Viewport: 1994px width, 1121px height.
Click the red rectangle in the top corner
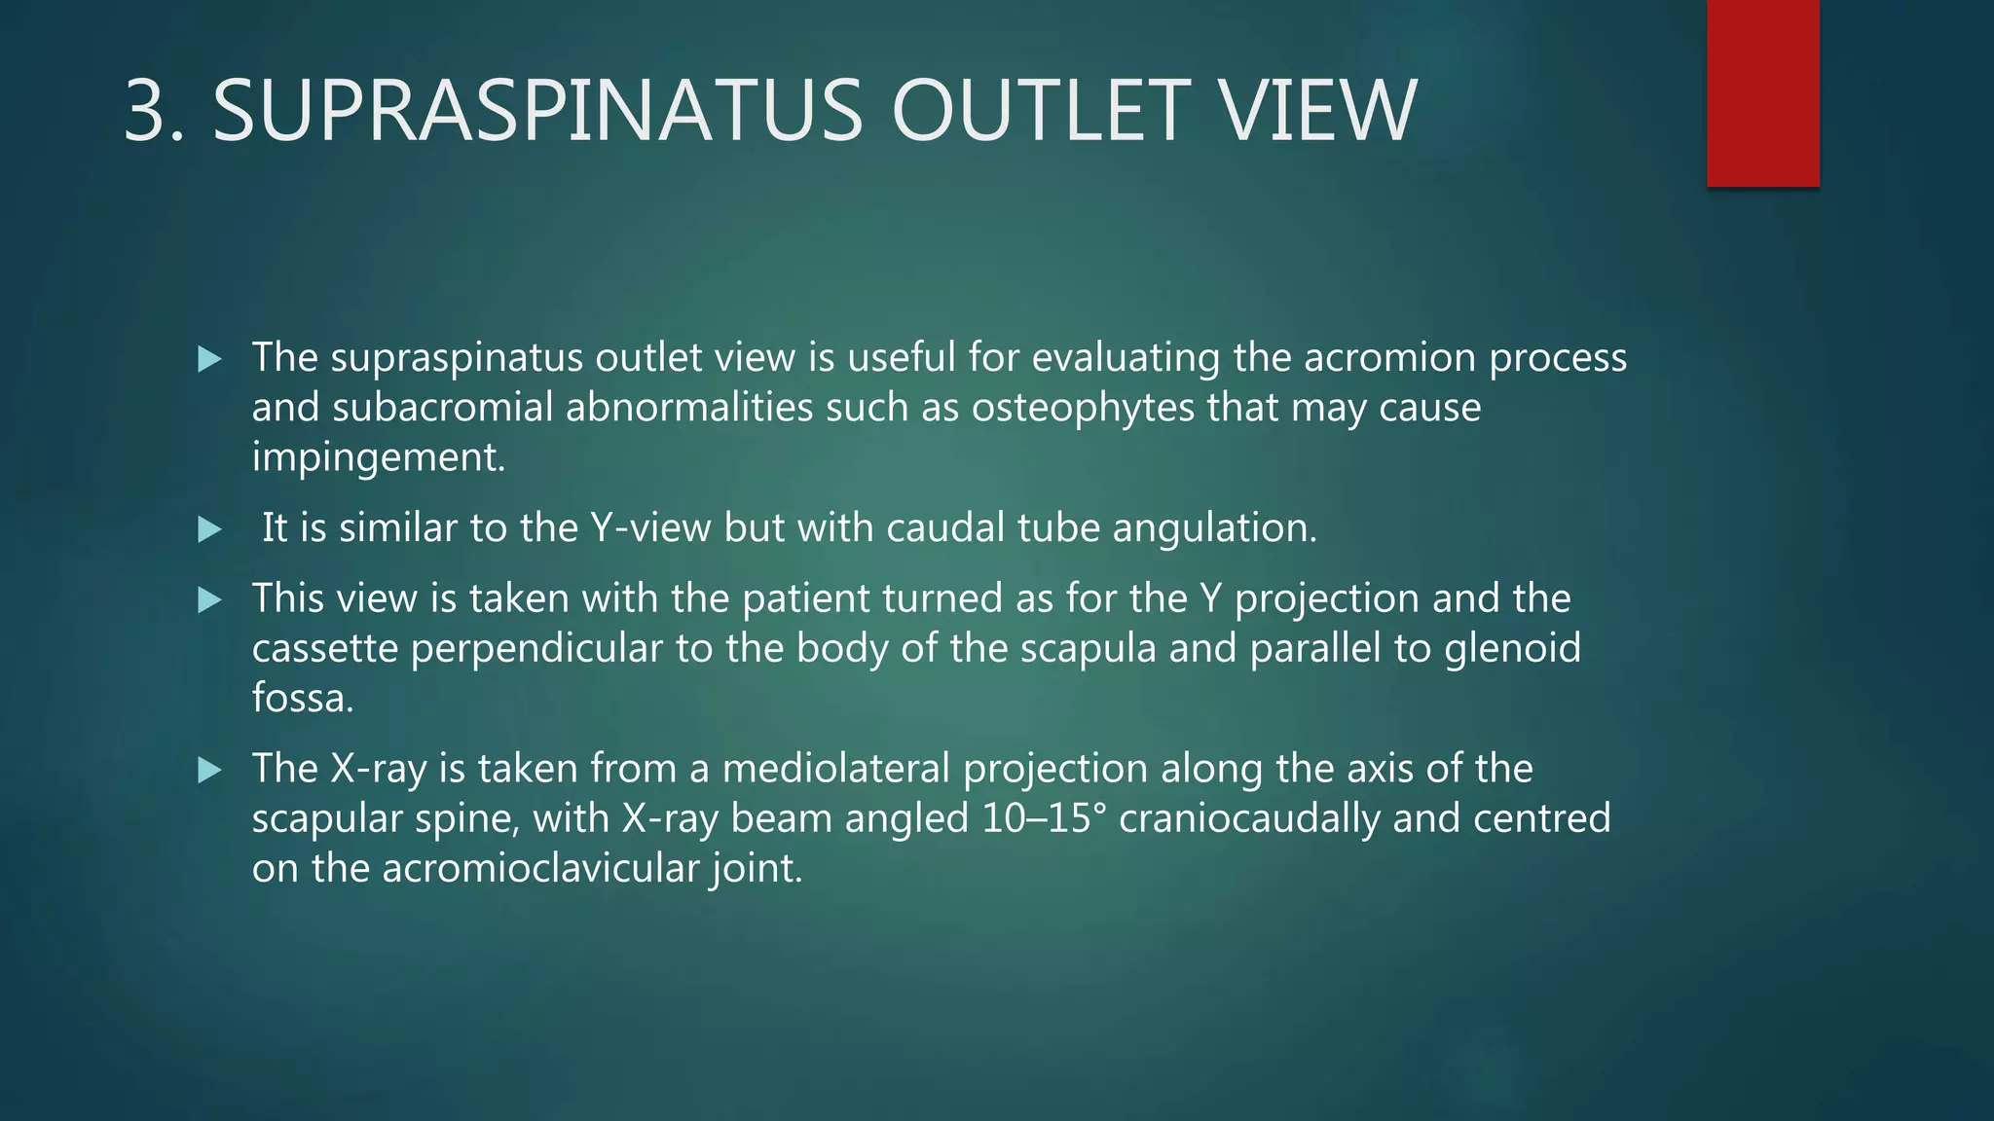tap(1762, 93)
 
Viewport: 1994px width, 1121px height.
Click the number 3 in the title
tap(154, 111)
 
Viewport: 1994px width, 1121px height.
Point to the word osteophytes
tap(1082, 408)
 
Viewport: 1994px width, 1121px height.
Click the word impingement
tap(378, 457)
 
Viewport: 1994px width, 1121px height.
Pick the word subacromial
tap(443, 408)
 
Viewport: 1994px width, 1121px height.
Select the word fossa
tap(302, 699)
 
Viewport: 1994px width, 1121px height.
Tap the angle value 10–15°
tap(1044, 818)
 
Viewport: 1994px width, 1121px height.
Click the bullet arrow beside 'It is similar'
tap(209, 530)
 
